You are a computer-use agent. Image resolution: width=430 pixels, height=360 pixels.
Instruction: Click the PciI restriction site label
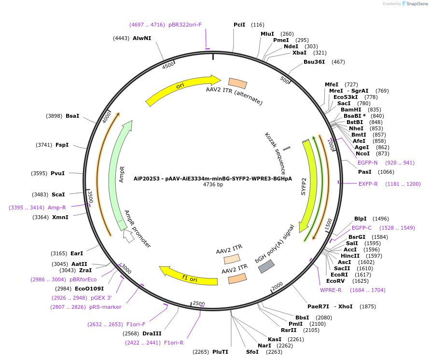click(x=239, y=25)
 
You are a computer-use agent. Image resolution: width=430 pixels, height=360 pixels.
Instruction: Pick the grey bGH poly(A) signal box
click(x=266, y=266)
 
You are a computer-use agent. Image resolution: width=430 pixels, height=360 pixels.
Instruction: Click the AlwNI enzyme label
click(x=142, y=38)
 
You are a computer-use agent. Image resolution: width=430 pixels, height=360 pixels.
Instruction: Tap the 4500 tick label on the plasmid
click(x=168, y=66)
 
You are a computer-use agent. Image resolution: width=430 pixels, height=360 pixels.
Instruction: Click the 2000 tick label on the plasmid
click(x=277, y=287)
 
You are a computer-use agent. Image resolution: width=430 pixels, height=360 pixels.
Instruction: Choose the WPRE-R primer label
click(x=331, y=290)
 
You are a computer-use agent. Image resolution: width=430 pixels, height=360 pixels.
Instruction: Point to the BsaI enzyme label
click(x=72, y=116)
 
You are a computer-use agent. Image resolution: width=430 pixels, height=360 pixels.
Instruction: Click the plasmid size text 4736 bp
click(x=213, y=184)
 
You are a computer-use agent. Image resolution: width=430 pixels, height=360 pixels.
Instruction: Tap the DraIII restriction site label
click(x=152, y=333)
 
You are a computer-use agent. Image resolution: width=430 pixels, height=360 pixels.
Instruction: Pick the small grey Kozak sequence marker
click(x=287, y=148)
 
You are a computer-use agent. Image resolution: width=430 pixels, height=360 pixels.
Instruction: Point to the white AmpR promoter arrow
click(x=128, y=236)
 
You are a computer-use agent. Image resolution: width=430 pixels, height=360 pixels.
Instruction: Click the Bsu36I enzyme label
click(x=314, y=62)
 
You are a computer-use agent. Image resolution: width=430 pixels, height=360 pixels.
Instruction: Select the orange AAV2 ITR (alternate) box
click(x=237, y=83)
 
